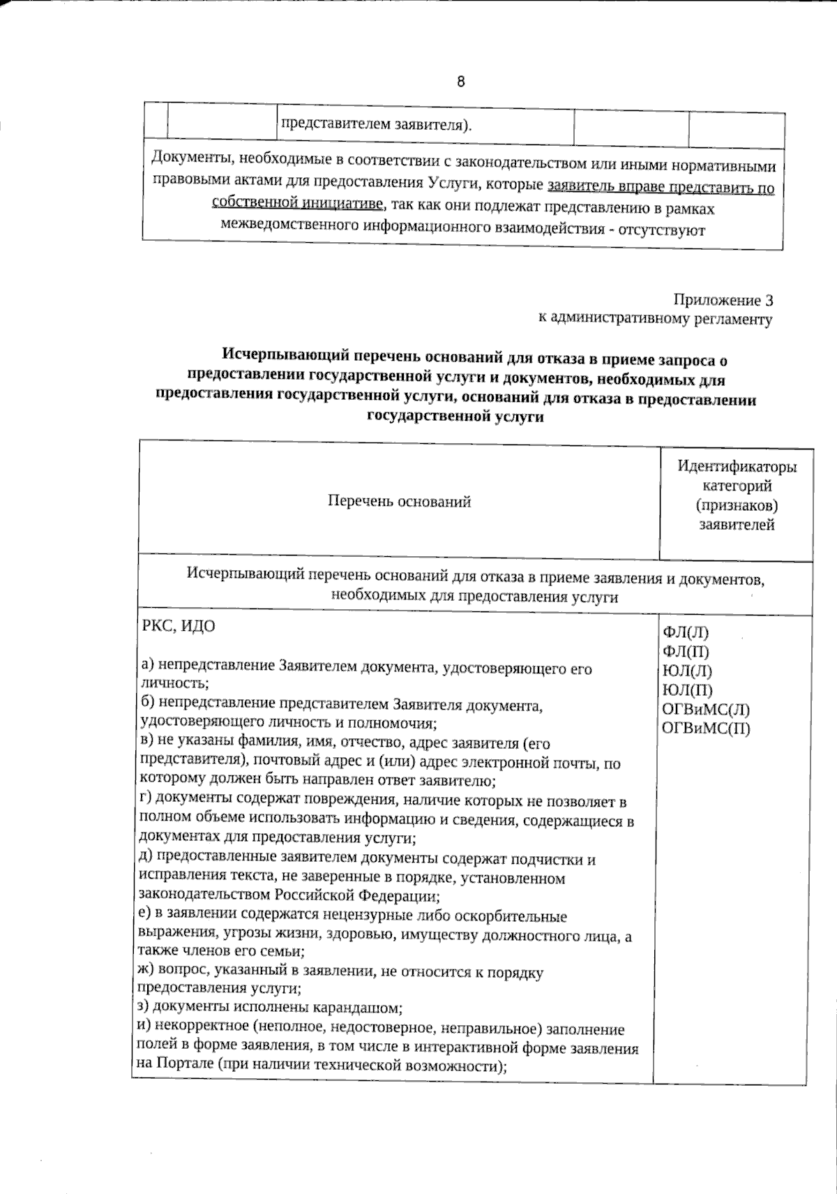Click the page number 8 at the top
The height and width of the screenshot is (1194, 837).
pos(461,82)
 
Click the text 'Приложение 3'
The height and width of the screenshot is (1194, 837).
pos(723,301)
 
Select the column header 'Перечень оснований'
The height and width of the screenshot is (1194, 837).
pos(399,502)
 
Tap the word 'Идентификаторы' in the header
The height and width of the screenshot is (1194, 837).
pos(737,467)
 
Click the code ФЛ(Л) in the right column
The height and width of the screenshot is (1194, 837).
pos(685,633)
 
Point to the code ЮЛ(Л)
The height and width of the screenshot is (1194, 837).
pos(687,671)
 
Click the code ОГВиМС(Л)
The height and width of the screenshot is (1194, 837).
pos(705,710)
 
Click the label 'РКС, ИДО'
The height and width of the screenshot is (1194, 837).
pos(179,626)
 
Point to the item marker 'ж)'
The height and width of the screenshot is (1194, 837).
pos(146,972)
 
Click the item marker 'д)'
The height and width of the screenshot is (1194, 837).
pos(146,859)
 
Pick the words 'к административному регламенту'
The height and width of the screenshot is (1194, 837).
pos(655,320)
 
